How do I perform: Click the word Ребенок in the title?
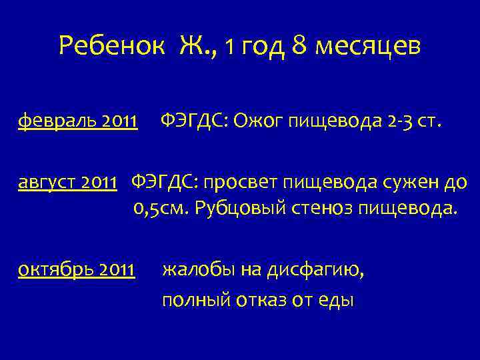pyautogui.click(x=111, y=46)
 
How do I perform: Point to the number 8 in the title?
pyautogui.click(x=299, y=46)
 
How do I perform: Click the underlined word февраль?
pyautogui.click(x=59, y=121)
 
